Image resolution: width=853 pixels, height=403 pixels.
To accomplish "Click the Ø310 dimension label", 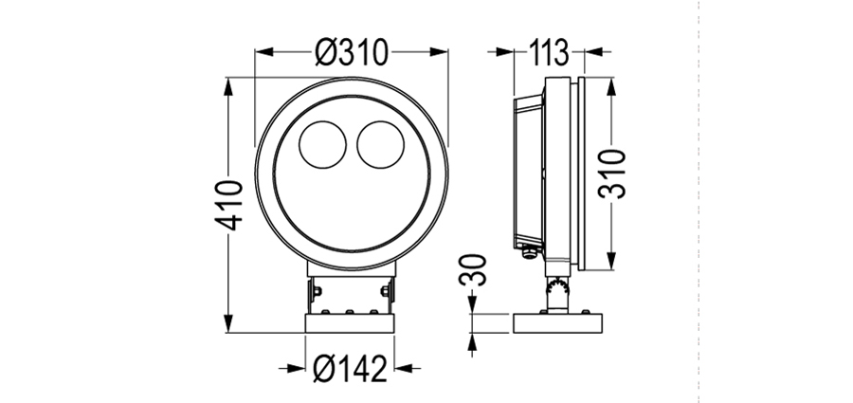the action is coord(352,52).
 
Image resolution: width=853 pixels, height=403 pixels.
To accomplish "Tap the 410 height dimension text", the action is coord(227,205).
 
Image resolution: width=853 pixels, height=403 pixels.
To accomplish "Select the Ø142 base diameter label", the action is coord(351,369).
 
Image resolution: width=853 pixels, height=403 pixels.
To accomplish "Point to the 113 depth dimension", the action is coord(549,52).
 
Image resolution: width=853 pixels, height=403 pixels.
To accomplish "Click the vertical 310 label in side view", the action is coord(612,174).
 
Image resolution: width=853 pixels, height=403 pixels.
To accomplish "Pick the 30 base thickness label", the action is coord(472,269).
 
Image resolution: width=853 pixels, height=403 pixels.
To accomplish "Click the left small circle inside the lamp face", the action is coord(322,144).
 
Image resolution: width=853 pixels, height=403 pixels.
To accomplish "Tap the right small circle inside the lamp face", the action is coord(381,144).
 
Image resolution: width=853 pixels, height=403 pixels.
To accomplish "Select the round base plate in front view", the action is coord(351,323).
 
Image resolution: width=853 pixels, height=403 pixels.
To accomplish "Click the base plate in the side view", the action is coord(557,323).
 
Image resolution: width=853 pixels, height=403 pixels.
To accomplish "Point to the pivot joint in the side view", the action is coord(557,285).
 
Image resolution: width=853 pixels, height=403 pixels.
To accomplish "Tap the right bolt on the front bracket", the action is coord(386,291).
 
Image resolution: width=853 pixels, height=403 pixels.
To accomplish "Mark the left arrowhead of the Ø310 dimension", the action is coord(263,52).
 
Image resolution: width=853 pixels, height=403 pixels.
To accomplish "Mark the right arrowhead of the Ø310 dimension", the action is coord(439,52).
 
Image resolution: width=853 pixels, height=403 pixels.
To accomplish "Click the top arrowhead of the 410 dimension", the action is coord(228,86).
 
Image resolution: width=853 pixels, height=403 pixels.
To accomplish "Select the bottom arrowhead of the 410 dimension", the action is coord(228,323).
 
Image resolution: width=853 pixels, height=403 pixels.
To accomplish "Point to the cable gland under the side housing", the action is coord(527,252).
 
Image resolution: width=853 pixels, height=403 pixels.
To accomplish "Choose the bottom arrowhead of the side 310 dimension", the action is coord(612,261).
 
